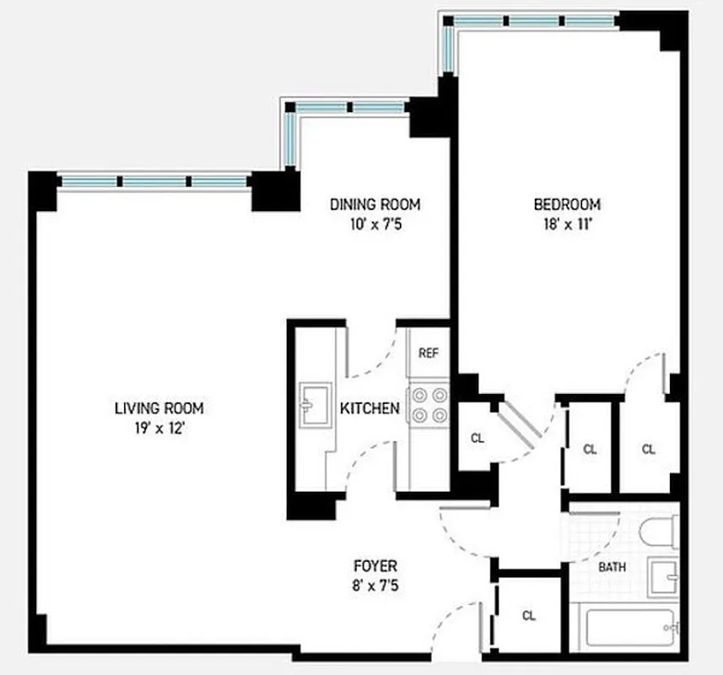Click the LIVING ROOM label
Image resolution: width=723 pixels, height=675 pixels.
pos(159,408)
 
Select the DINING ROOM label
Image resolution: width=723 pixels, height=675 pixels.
pos(375,204)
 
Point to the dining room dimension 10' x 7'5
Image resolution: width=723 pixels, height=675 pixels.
pos(375,224)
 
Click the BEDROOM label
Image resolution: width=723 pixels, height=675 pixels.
pos(566,204)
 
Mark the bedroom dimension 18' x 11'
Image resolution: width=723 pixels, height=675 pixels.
pos(566,224)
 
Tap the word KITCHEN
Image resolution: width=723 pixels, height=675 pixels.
pos(370,409)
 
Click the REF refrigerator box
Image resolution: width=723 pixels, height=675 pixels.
pos(429,354)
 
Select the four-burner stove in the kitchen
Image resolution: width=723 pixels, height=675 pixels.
pos(428,405)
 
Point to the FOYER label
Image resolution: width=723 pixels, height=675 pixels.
pos(375,566)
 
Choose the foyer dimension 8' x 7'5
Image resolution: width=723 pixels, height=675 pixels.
pos(375,585)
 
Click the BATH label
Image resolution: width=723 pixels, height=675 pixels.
pos(612,567)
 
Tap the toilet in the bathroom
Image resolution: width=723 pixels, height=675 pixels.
pos(657,532)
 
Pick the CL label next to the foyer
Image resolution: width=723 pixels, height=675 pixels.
pos(529,615)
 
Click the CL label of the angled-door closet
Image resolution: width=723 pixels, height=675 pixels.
pos(478,438)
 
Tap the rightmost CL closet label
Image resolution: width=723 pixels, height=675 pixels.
pos(648,449)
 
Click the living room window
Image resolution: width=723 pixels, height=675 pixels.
pos(154,181)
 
